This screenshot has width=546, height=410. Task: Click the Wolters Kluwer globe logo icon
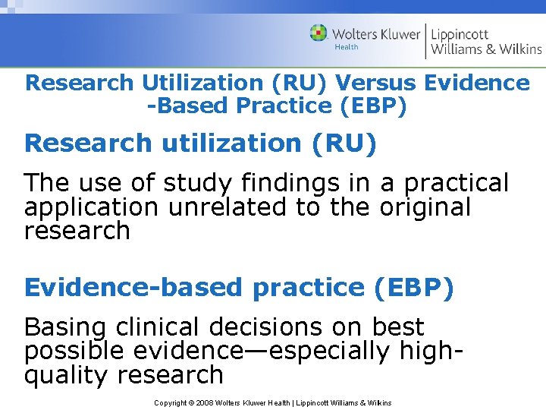click(x=318, y=33)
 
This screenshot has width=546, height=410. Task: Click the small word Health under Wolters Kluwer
click(x=346, y=47)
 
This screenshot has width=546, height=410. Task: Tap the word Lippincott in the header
click(x=460, y=34)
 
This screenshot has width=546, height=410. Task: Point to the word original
click(x=422, y=207)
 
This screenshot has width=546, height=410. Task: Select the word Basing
click(x=66, y=328)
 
